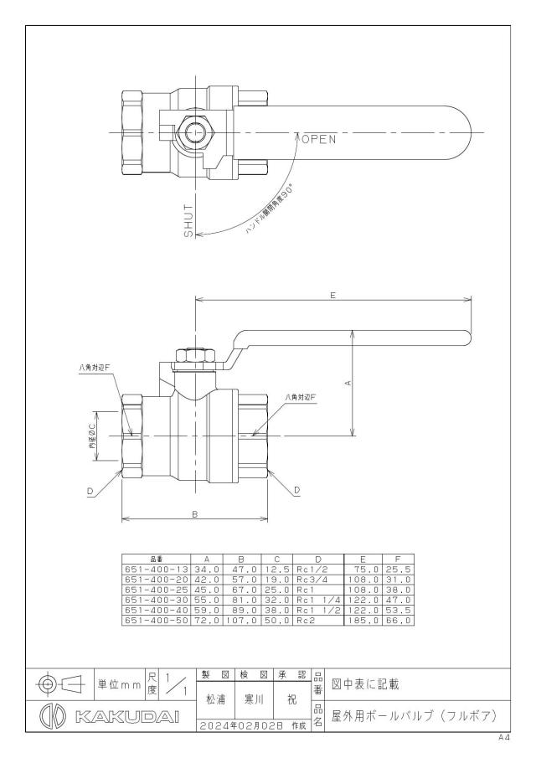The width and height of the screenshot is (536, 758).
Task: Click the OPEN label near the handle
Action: point(318,140)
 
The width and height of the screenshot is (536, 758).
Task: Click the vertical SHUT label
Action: point(188,220)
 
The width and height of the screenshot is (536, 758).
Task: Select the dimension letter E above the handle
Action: point(333,295)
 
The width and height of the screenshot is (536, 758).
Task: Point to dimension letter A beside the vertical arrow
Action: point(348,383)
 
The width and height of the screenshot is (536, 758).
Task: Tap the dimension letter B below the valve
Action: point(195,514)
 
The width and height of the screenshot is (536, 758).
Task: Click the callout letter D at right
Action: point(296,490)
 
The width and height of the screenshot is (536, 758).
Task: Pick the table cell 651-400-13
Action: point(157,570)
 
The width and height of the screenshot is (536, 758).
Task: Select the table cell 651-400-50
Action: point(157,621)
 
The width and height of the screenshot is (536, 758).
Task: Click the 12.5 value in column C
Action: point(277,570)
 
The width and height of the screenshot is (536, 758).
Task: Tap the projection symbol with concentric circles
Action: point(48,684)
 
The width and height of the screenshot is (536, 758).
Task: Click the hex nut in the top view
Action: point(195,132)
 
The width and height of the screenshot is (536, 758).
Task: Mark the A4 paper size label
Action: point(504,738)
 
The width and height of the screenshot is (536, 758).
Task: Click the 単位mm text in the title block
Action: point(119,685)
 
